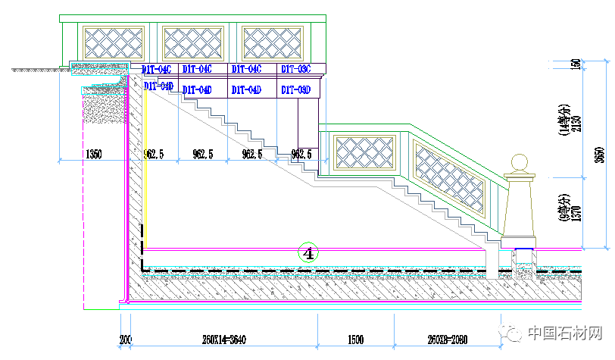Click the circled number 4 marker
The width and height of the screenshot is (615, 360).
tap(308, 252)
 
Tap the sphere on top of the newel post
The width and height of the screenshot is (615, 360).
tap(520, 164)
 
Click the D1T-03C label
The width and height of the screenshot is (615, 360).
tap(296, 69)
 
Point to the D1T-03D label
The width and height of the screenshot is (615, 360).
tap(296, 90)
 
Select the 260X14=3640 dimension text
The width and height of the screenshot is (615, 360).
tap(224, 340)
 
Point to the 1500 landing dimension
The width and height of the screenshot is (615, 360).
tap(355, 340)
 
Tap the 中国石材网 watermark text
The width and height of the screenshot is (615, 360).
tap(565, 333)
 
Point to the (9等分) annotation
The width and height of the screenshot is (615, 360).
tap(564, 205)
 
